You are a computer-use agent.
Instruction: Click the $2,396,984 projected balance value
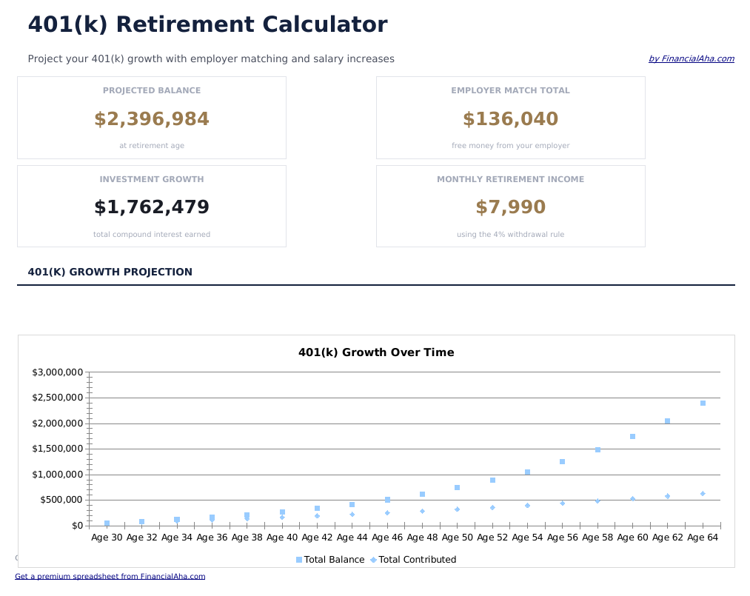(152, 119)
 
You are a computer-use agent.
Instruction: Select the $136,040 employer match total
(510, 119)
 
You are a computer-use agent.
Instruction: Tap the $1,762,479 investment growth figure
(152, 207)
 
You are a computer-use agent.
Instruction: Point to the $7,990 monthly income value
(510, 207)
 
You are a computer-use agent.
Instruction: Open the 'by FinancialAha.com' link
(692, 59)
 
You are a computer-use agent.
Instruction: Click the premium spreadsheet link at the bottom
(110, 576)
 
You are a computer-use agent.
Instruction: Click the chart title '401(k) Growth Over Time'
(376, 352)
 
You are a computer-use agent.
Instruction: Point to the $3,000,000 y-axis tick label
(56, 372)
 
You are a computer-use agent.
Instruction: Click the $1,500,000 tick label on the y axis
(56, 449)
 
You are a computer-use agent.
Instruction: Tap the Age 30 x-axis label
(107, 538)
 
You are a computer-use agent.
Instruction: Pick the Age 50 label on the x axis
(458, 538)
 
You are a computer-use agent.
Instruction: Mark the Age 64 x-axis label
(703, 538)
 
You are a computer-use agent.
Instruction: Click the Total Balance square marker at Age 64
(703, 404)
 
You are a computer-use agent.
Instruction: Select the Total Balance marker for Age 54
(527, 472)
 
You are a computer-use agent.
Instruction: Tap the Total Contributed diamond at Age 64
(703, 494)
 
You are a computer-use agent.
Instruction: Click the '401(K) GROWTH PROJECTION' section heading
(110, 272)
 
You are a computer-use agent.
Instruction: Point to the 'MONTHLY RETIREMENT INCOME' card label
(510, 179)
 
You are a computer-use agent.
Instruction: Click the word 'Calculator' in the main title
(325, 24)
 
